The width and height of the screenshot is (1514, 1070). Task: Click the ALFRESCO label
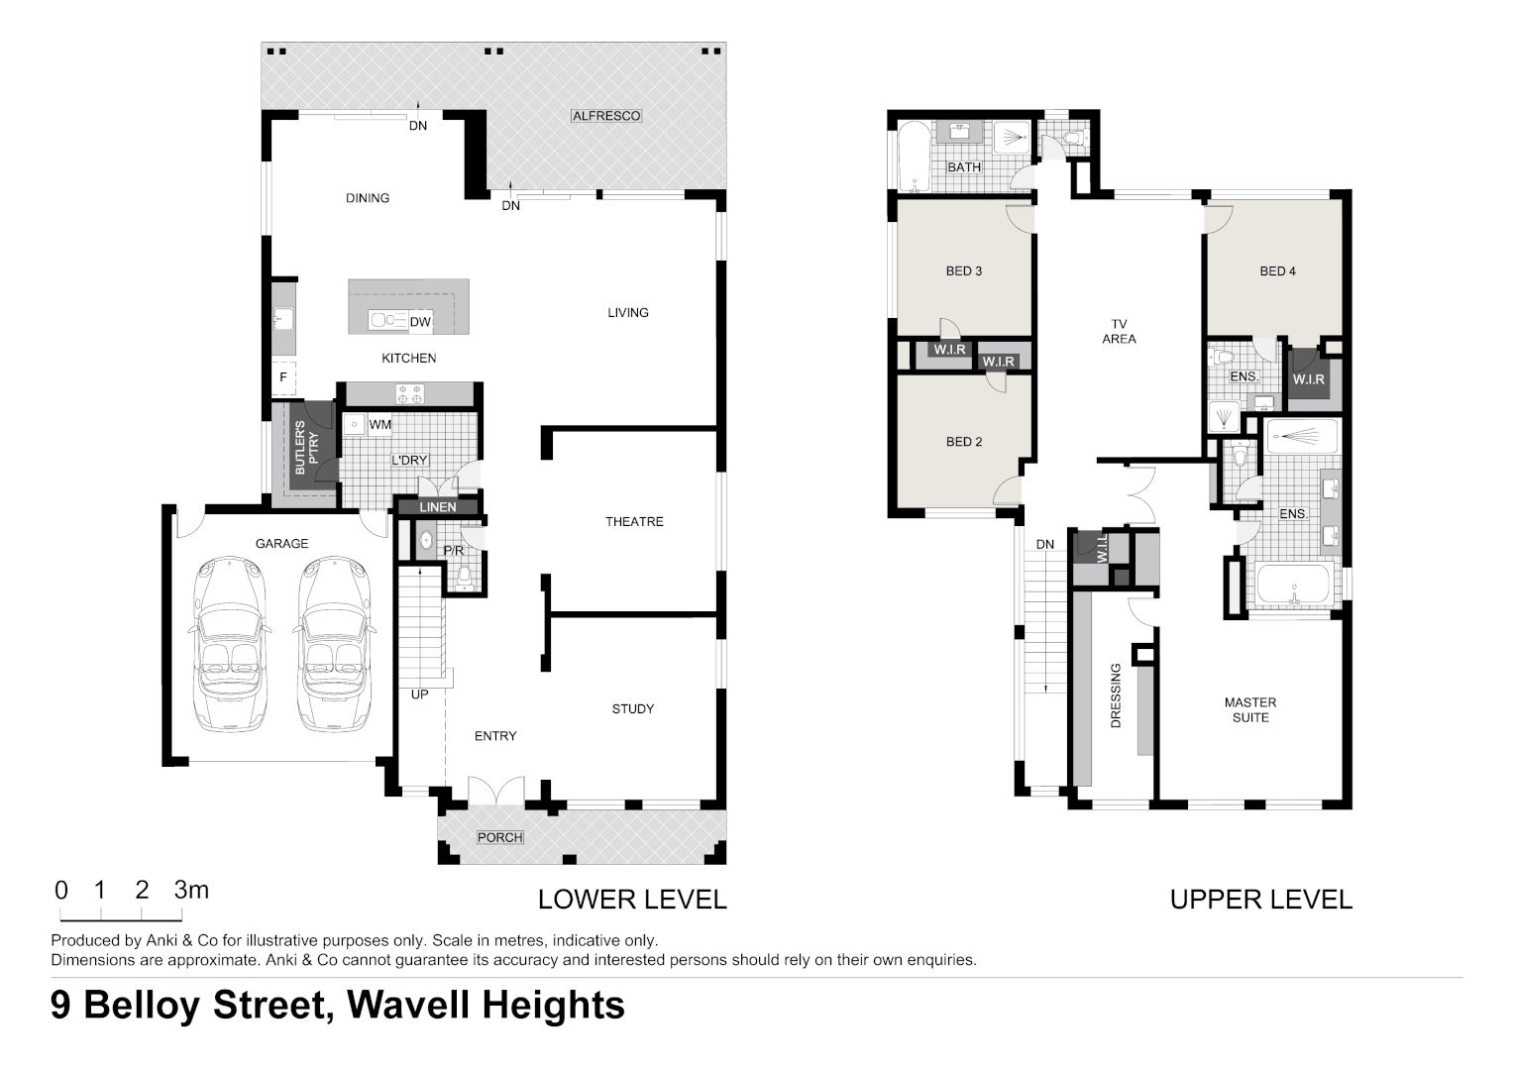click(x=606, y=116)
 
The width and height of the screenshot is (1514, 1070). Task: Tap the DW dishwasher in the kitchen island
click(x=420, y=322)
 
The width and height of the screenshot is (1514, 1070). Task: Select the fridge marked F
click(x=283, y=377)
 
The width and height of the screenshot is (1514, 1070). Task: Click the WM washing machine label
click(x=379, y=425)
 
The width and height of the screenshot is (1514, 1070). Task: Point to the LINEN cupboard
click(x=437, y=507)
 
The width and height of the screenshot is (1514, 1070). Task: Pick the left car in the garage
click(x=230, y=644)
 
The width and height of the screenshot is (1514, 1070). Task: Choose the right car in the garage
click(x=334, y=644)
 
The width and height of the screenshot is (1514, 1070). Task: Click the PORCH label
click(x=499, y=837)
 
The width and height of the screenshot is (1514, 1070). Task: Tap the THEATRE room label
click(x=634, y=521)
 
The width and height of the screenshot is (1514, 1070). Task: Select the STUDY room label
click(x=632, y=708)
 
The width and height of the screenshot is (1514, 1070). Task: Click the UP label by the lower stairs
click(x=420, y=695)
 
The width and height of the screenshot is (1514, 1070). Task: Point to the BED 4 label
click(x=1277, y=270)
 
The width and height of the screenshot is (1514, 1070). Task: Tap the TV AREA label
click(x=1119, y=331)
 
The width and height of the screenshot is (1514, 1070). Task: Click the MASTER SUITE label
click(x=1250, y=709)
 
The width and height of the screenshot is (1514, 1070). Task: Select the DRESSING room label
click(x=1116, y=695)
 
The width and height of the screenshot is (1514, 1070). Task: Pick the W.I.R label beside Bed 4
click(x=1308, y=379)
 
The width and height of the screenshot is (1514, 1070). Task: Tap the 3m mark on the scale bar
click(x=191, y=890)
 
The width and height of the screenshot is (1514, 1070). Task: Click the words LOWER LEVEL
click(x=632, y=900)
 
